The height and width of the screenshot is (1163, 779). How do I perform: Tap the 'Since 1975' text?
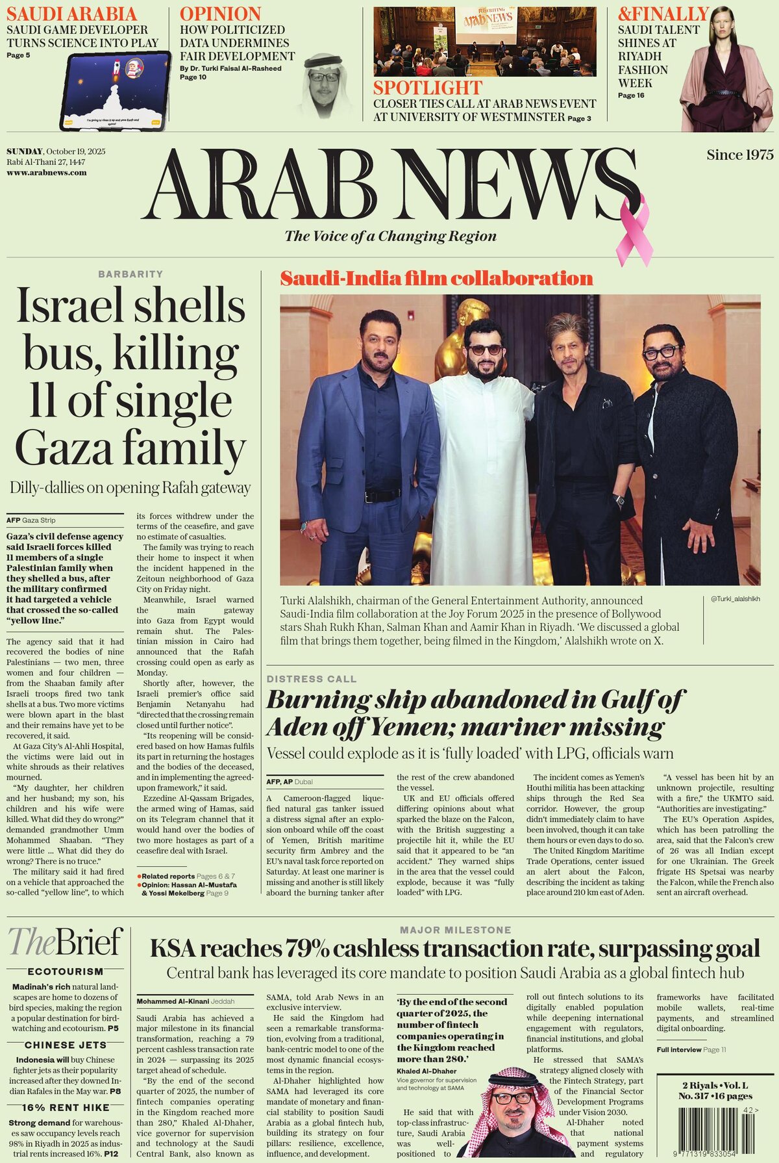pyautogui.click(x=740, y=155)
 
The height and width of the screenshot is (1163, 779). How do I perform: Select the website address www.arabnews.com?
pyautogui.click(x=47, y=173)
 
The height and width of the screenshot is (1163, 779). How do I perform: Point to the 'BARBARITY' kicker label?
pyautogui.click(x=130, y=274)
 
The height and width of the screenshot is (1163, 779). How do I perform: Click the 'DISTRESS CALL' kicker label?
pyautogui.click(x=312, y=679)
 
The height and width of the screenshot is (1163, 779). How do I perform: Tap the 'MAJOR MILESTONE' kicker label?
pyautogui.click(x=455, y=930)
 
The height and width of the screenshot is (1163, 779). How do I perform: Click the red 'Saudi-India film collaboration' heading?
pyautogui.click(x=436, y=279)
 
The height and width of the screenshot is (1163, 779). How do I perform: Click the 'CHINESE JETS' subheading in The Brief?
pyautogui.click(x=65, y=1045)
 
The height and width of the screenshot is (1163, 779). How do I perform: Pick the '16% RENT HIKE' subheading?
pyautogui.click(x=65, y=1108)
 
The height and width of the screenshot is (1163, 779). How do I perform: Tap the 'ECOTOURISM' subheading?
pyautogui.click(x=65, y=972)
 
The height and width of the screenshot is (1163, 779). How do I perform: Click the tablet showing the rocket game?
pyautogui.click(x=115, y=89)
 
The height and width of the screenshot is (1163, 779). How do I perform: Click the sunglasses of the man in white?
pyautogui.click(x=486, y=350)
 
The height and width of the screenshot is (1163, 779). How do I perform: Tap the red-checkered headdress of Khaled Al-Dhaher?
pyautogui.click(x=513, y=1079)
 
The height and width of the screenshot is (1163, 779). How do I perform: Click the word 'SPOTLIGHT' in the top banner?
pyautogui.click(x=427, y=88)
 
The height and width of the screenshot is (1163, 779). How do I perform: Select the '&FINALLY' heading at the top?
pyautogui.click(x=663, y=14)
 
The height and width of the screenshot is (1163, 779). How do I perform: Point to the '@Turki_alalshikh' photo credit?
pyautogui.click(x=735, y=598)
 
